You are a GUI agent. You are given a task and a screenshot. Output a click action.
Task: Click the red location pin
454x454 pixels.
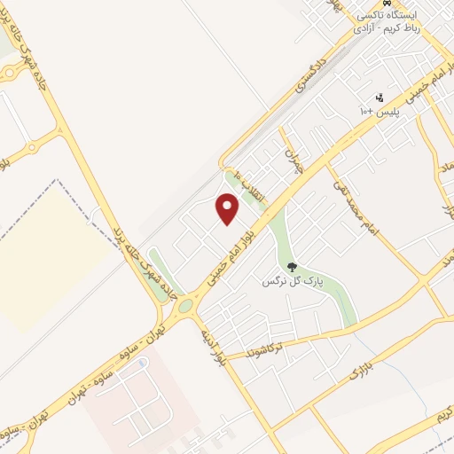pyautogui.click(x=228, y=208)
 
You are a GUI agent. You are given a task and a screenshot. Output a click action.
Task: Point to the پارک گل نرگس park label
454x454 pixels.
pyautogui.click(x=289, y=281)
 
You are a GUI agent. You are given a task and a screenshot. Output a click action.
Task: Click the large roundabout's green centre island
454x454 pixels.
pyautogui.click(x=185, y=307)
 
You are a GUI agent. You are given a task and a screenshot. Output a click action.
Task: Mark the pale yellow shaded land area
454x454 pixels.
pyautogui.click(x=44, y=257)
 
